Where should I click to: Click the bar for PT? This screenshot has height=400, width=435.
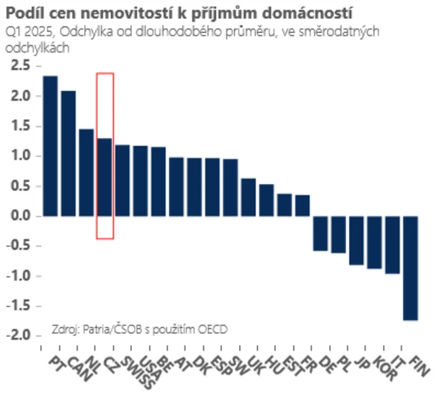(x=50, y=145)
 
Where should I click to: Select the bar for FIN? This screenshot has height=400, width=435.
(x=411, y=268)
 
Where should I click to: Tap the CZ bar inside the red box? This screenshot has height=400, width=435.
(x=105, y=177)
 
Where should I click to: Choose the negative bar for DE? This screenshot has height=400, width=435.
(x=320, y=233)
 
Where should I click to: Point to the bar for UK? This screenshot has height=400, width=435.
(x=249, y=197)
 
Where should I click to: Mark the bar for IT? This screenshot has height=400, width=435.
(x=392, y=244)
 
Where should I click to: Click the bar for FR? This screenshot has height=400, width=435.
(x=302, y=205)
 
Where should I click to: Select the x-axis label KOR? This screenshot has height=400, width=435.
(x=385, y=367)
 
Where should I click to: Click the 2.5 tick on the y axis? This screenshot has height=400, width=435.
(x=21, y=66)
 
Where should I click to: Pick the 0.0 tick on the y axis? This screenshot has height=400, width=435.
(x=21, y=216)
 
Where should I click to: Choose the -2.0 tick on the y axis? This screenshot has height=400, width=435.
(x=19, y=335)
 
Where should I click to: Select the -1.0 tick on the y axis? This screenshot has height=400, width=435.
(x=19, y=276)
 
